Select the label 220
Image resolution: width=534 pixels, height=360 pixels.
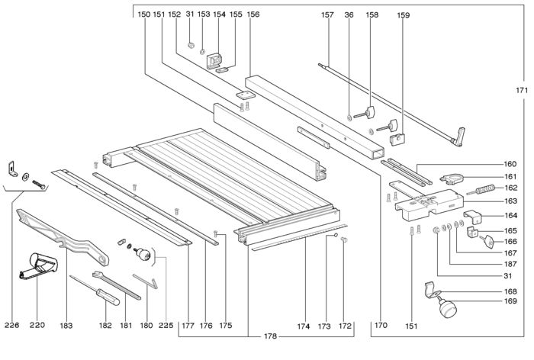37,326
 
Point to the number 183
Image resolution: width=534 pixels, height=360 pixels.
66,326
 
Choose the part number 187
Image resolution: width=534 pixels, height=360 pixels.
489,264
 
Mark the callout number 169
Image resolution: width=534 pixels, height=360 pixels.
489,302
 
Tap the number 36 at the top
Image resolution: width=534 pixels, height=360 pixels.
349,14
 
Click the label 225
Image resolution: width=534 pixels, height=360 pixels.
167,326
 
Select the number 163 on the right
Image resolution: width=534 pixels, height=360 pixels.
489,201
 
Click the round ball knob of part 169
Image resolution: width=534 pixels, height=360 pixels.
445,310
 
